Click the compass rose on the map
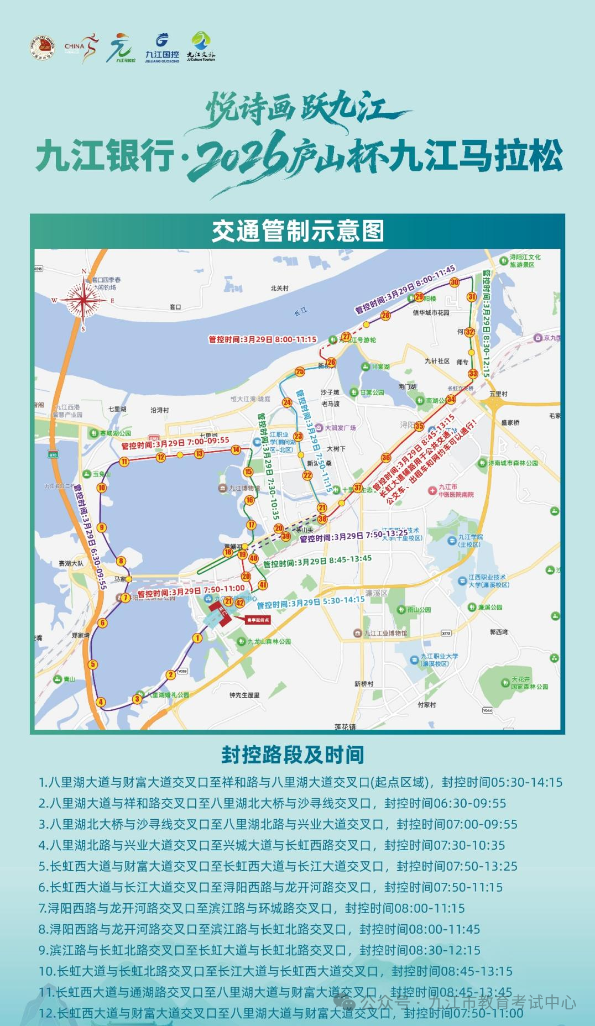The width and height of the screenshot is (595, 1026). pyautogui.click(x=83, y=300)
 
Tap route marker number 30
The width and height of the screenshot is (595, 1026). pyautogui.click(x=455, y=282)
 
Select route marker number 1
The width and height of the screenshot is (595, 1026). pyautogui.click(x=197, y=638)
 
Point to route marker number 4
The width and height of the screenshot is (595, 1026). pyautogui.click(x=101, y=702)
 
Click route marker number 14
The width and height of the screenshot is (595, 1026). pyautogui.click(x=236, y=449)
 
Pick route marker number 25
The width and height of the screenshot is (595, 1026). pyautogui.click(x=300, y=371)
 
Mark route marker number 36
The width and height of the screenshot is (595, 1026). pyautogui.click(x=386, y=457)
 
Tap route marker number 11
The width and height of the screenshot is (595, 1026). pyautogui.click(x=124, y=462)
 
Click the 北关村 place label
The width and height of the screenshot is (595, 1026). pyautogui.click(x=279, y=289)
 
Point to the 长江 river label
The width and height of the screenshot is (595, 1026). pyautogui.click(x=300, y=312)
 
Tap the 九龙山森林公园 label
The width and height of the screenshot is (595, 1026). pyautogui.click(x=269, y=641)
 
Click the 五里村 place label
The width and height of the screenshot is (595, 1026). pyautogui.click(x=498, y=394)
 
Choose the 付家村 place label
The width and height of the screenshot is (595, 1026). pyautogui.click(x=426, y=704)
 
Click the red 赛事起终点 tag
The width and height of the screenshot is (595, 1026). pyautogui.click(x=258, y=620)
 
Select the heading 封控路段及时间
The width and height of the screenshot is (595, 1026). pyautogui.click(x=293, y=754)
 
